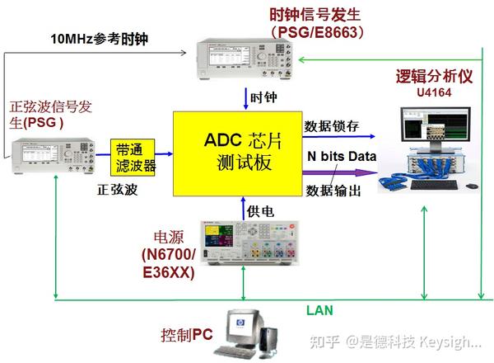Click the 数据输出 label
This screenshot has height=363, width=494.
click(x=333, y=191)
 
